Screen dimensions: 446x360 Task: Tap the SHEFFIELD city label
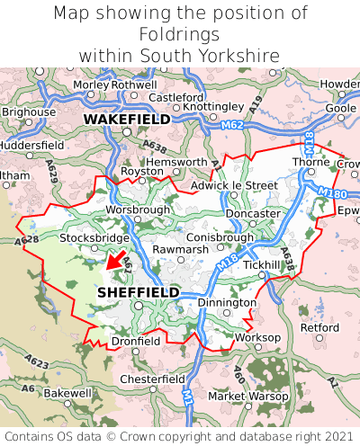pyautogui.click(x=138, y=292)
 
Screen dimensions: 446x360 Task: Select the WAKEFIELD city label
pyautogui.click(x=127, y=119)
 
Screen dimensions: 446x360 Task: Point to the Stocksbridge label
pyautogui.click(x=94, y=237)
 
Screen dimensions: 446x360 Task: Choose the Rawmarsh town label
pyautogui.click(x=181, y=249)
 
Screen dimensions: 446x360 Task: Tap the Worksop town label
pyautogui.click(x=257, y=337)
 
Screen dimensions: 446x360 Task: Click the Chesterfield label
pyautogui.click(x=153, y=379)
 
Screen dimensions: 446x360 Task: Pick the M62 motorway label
pyautogui.click(x=231, y=125)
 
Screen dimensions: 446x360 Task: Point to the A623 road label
pyautogui.click(x=37, y=361)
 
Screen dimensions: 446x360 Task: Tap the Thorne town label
pyautogui.click(x=310, y=162)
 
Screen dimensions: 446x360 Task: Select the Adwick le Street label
pyautogui.click(x=234, y=185)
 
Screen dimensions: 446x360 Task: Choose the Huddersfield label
pyautogui.click(x=31, y=144)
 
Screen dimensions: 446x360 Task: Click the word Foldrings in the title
pyautogui.click(x=179, y=34)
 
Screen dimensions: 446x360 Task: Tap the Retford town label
pyautogui.click(x=319, y=327)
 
